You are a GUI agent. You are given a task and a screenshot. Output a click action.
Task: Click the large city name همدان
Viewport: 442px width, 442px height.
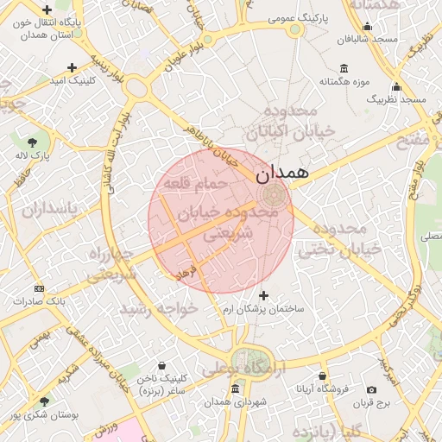(x=283, y=172)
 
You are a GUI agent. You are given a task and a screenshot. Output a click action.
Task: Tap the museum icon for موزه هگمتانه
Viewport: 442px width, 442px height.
(x=344, y=68)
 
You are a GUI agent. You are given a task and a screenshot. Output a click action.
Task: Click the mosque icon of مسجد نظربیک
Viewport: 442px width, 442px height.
(x=396, y=86)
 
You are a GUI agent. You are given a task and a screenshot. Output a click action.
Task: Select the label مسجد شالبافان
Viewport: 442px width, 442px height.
(x=368, y=39)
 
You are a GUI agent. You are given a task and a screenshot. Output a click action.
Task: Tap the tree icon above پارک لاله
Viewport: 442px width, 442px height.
(x=33, y=141)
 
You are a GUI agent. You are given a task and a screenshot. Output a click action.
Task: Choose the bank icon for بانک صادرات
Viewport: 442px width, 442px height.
(x=38, y=287)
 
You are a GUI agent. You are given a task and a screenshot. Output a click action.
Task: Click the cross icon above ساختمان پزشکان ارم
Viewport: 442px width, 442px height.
(x=264, y=295)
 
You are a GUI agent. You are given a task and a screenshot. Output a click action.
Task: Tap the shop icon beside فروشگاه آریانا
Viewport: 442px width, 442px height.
(x=322, y=376)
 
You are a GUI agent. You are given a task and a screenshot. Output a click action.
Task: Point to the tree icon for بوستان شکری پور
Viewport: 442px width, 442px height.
(x=44, y=401)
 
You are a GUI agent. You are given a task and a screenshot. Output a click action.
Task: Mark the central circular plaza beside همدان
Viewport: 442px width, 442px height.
(x=275, y=193)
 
